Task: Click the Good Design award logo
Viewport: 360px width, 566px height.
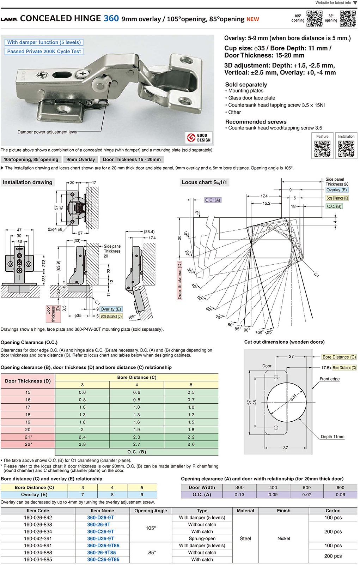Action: coord(199,138)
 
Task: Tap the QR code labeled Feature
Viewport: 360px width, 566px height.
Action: coord(322,149)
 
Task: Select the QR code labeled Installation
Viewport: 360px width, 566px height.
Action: coord(346,149)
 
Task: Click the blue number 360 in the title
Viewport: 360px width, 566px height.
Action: coord(111,18)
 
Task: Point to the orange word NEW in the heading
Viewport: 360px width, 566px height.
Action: coord(253,19)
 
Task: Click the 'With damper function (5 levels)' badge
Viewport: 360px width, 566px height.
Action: coord(44,42)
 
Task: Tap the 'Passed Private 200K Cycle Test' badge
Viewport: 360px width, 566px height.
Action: coord(44,52)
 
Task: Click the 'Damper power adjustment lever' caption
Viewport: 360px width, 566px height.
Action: coord(48,132)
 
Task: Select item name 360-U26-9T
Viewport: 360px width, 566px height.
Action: coord(100,538)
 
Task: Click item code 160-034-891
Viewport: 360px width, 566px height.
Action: coord(38,546)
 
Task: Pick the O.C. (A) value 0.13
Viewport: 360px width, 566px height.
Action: coord(239,495)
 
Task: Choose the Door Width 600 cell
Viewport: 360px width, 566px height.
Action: coord(340,487)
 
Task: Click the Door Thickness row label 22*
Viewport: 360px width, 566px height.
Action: coord(28,444)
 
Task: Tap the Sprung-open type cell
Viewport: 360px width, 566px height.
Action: coord(202,538)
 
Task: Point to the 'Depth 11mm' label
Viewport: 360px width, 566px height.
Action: coord(332,437)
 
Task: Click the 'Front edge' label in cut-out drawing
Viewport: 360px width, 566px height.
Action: coord(330,379)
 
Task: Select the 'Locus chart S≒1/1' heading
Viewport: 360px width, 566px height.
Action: coord(205,182)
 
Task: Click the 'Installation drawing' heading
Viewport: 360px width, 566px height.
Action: coord(28,182)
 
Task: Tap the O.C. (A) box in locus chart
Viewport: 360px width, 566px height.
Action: coord(213,200)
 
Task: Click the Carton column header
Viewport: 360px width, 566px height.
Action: coord(333,511)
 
